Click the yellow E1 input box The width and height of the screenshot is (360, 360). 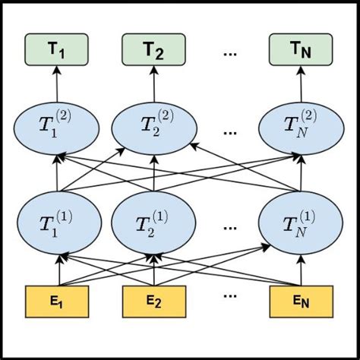point(57,301)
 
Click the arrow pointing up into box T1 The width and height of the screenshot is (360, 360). point(57,83)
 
